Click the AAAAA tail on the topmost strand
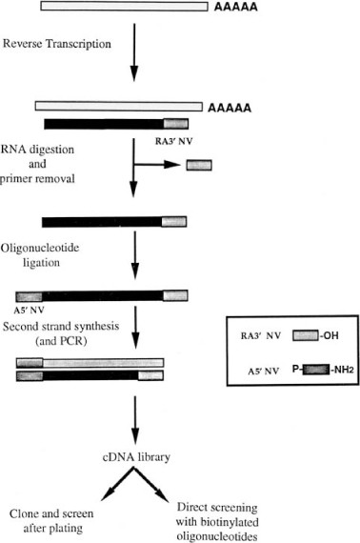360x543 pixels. pyautogui.click(x=231, y=8)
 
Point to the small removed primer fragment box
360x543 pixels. pyautogui.click(x=199, y=164)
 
